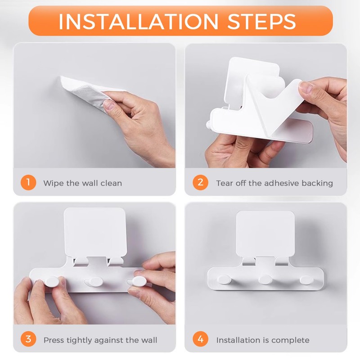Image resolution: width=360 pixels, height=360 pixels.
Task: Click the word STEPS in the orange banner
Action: tap(261, 21)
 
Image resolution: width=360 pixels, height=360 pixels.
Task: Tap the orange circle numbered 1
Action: tap(28, 183)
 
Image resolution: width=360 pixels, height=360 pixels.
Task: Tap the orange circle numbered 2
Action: tap(200, 183)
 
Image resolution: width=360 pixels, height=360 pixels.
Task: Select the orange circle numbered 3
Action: tap(28, 339)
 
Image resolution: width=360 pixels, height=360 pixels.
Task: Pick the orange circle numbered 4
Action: tap(200, 339)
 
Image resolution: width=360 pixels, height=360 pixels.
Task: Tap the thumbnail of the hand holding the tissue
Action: tap(108, 105)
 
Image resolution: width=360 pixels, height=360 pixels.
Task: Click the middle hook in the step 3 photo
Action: tap(94, 281)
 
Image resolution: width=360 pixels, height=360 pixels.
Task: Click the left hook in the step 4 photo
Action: tap(224, 279)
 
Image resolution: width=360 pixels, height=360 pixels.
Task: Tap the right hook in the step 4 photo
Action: tap(306, 279)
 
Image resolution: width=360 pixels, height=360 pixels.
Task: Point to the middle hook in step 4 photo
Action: tap(265, 279)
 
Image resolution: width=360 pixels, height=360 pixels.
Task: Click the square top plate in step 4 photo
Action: tap(265, 234)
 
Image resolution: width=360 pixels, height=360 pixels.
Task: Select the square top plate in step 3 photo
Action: tap(95, 232)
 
